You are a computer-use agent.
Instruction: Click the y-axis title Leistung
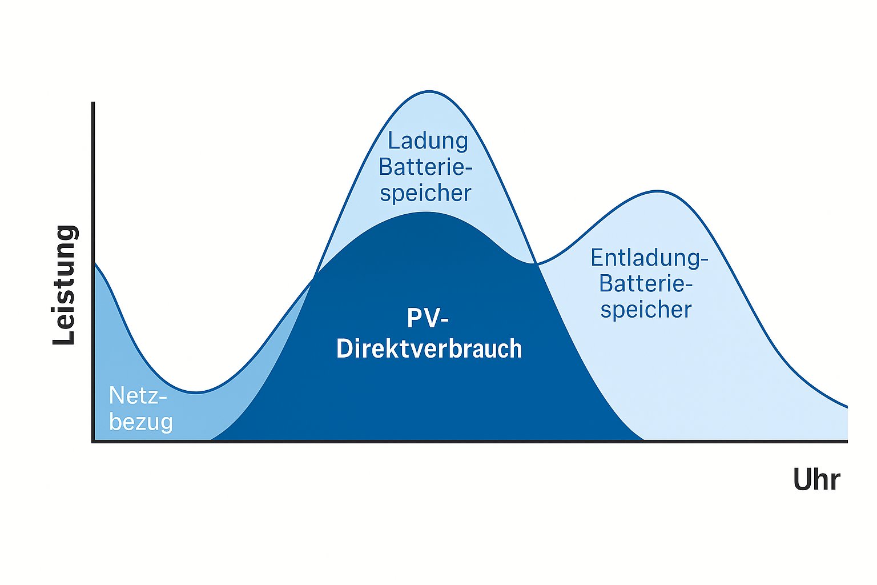65,285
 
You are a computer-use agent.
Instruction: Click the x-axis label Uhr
816,480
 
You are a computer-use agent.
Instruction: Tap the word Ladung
428,141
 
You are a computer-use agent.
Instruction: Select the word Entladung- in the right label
649,258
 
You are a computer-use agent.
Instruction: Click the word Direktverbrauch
429,348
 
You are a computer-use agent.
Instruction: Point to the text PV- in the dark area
428,318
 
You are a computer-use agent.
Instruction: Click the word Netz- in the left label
138,395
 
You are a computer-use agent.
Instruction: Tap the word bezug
140,422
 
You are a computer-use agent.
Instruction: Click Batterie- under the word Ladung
425,167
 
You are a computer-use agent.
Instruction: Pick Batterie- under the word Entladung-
646,283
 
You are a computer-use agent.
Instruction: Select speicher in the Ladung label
425,193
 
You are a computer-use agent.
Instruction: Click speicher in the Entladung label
646,310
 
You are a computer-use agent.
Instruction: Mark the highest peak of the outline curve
429,91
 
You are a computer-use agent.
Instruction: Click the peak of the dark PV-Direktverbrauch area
426,213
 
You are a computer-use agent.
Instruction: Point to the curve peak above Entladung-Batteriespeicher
658,191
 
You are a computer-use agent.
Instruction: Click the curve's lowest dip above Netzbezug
196,392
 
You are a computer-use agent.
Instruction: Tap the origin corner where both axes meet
93,441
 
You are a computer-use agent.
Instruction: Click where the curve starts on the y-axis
94,262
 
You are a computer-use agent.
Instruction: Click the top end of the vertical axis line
93,103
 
